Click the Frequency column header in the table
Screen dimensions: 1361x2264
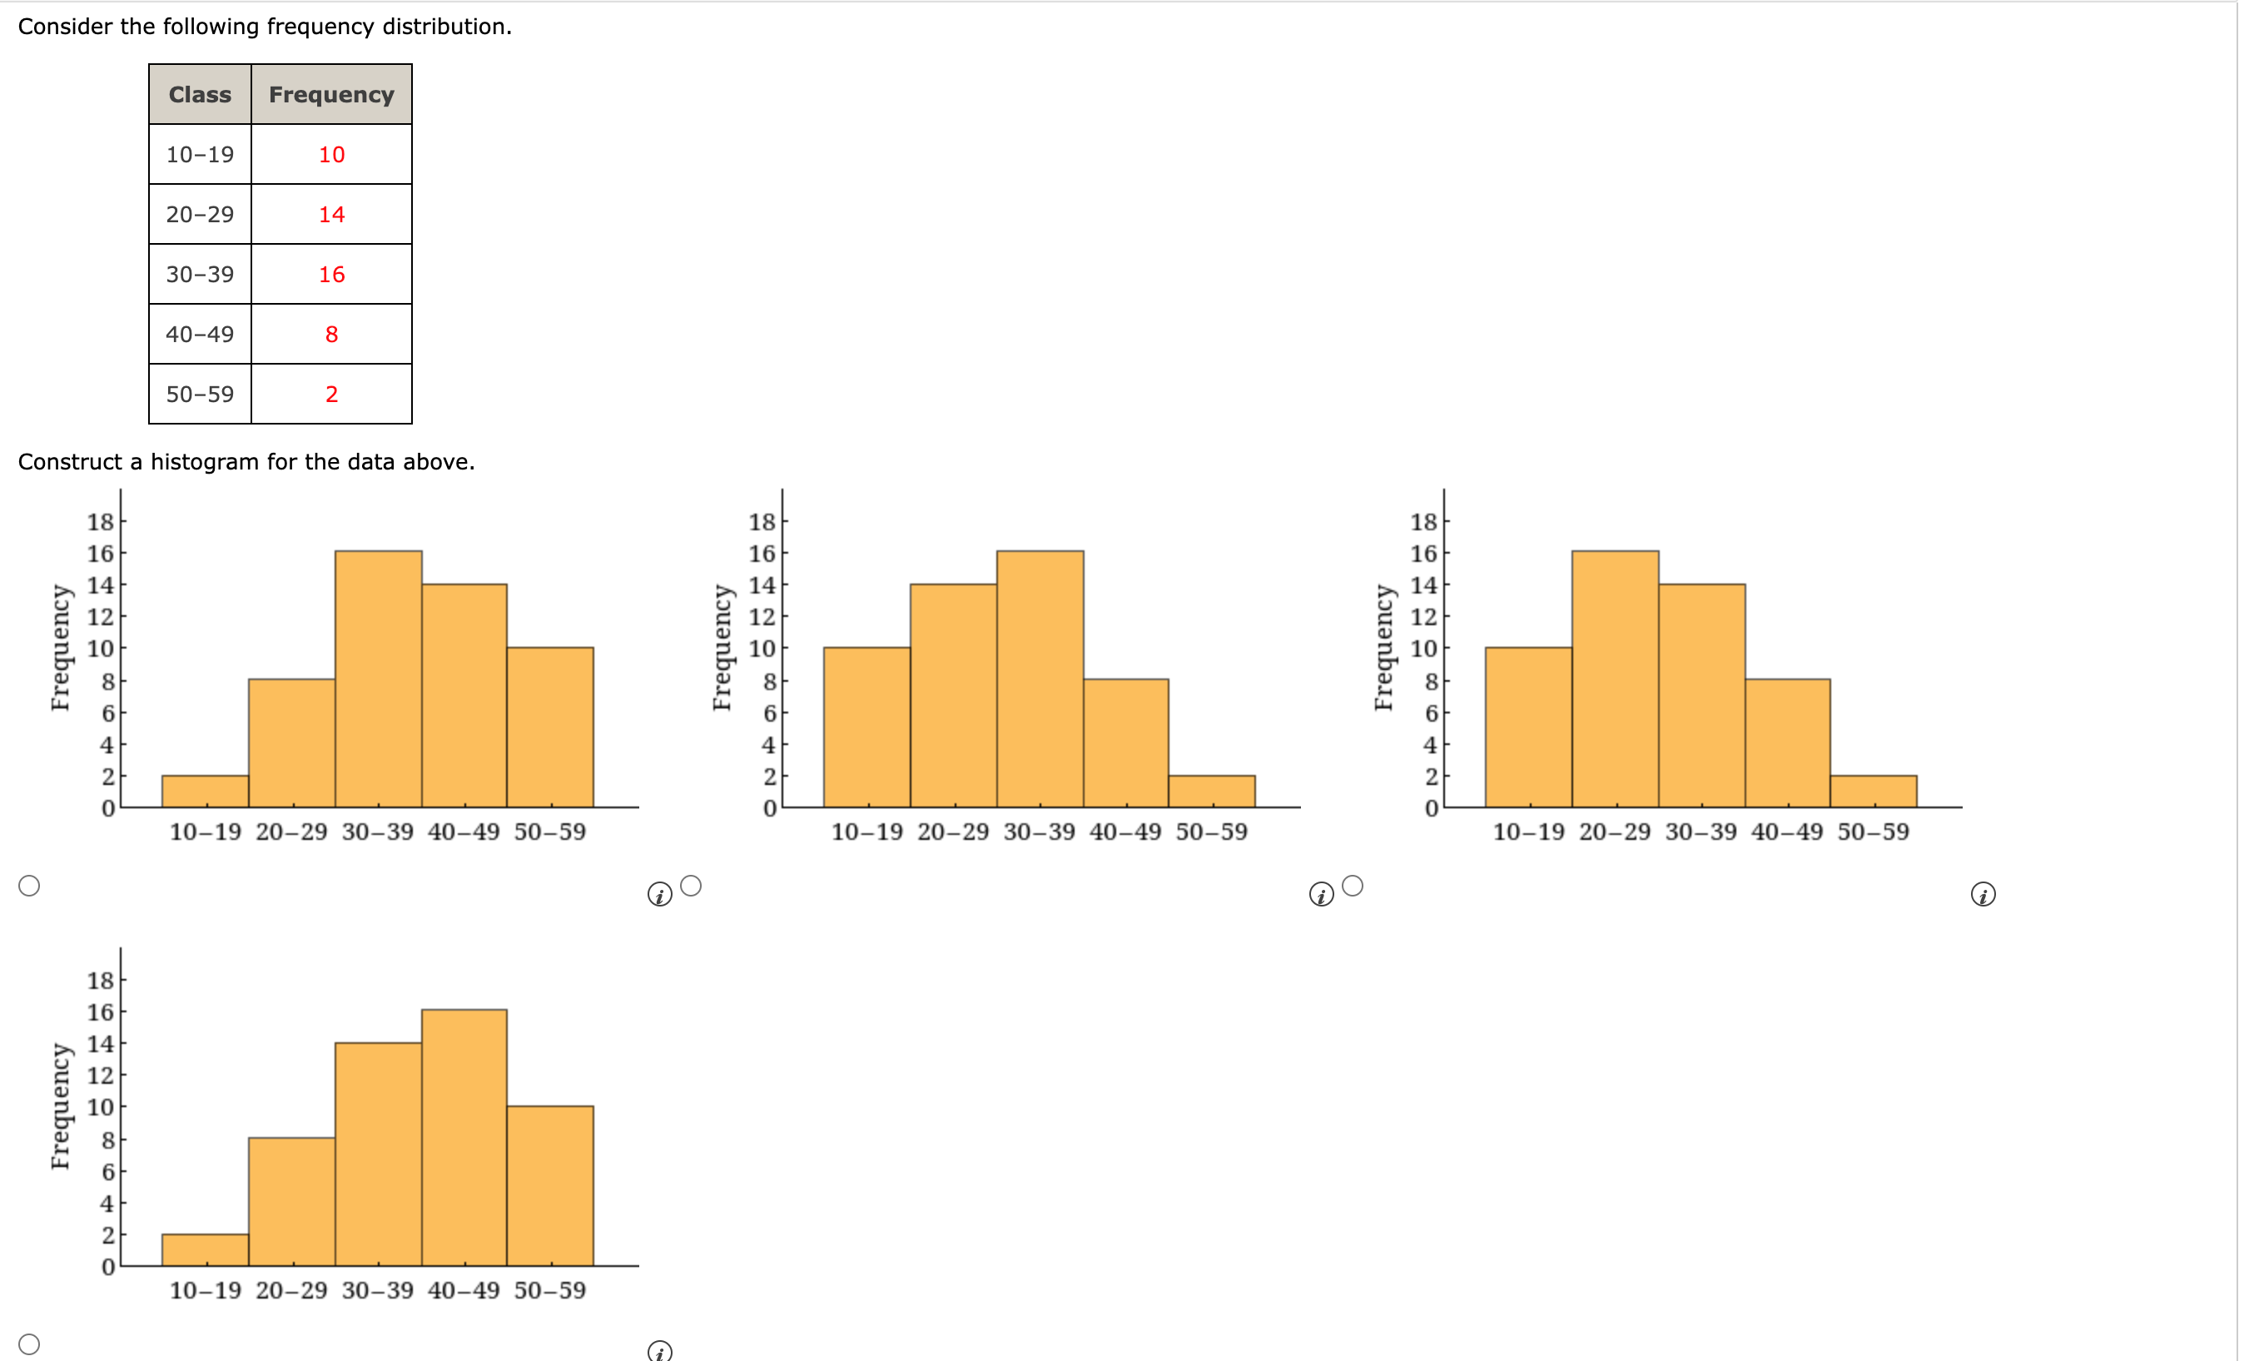(x=331, y=94)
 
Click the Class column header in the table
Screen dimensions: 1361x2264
(x=200, y=94)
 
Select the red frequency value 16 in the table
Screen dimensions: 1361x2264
(x=331, y=274)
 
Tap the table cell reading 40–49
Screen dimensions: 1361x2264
(x=200, y=334)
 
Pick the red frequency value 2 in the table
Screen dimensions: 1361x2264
(x=331, y=395)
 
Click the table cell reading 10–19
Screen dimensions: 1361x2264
(x=200, y=154)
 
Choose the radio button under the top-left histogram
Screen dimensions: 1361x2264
(x=29, y=885)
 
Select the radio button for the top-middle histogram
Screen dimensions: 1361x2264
(x=692, y=885)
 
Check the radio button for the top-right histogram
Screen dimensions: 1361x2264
(x=1353, y=885)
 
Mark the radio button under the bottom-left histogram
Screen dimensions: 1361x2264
(x=29, y=1344)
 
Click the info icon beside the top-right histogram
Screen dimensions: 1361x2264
(x=1983, y=894)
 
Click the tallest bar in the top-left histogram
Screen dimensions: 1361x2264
(x=378, y=678)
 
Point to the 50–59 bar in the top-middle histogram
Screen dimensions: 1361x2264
(x=1211, y=792)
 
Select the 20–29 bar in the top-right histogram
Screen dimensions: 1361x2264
(x=1614, y=678)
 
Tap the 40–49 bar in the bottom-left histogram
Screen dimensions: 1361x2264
(x=464, y=1137)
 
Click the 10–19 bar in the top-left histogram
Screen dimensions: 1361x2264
(x=206, y=792)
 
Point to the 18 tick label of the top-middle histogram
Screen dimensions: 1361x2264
(x=761, y=522)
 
